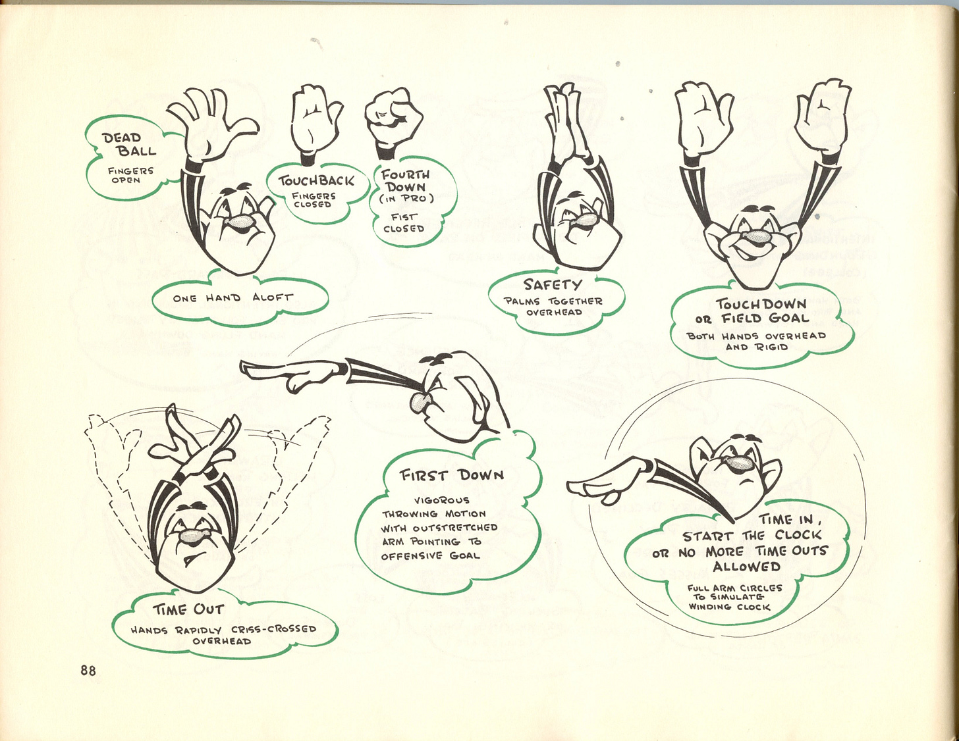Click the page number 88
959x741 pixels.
[88, 671]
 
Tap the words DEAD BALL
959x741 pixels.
[129, 144]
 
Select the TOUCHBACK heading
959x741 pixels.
[316, 180]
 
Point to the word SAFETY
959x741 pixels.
[553, 284]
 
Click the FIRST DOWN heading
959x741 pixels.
[452, 474]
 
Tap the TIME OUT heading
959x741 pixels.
[188, 609]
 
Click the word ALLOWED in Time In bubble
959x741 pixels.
[746, 566]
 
